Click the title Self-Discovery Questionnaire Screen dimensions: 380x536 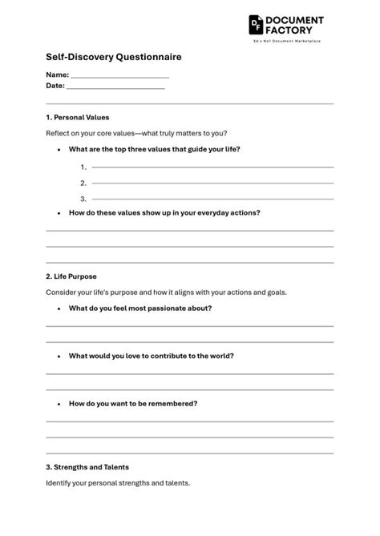tap(113, 57)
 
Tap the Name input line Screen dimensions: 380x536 tap(119, 76)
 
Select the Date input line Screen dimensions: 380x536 tap(115, 87)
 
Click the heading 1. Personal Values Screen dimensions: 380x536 tap(78, 117)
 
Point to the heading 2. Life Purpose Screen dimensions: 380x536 tap(71, 276)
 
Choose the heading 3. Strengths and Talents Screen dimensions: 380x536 tap(87, 467)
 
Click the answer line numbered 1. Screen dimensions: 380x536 tap(212, 167)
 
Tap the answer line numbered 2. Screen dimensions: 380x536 tap(212, 183)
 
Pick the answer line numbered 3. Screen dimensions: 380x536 tap(212, 199)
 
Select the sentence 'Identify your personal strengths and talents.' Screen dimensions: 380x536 tap(118, 483)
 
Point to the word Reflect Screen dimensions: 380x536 tap(59, 133)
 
